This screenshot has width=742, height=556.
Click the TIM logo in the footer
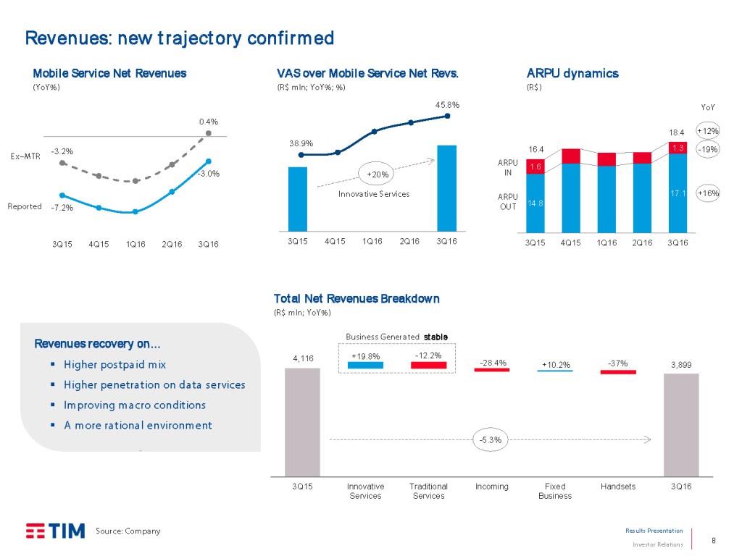pyautogui.click(x=55, y=531)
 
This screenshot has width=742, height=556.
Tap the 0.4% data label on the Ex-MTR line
pyautogui.click(x=209, y=121)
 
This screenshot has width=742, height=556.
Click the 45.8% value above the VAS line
pyautogui.click(x=447, y=105)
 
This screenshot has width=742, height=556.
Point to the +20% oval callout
pyautogui.click(x=378, y=174)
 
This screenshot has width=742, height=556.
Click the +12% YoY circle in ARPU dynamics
pyautogui.click(x=707, y=131)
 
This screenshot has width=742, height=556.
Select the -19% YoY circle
pyautogui.click(x=707, y=148)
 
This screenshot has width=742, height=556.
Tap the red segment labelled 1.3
pyautogui.click(x=678, y=148)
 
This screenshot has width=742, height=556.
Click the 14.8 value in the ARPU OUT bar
pyautogui.click(x=535, y=203)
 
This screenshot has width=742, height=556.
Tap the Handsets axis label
pyautogui.click(x=618, y=486)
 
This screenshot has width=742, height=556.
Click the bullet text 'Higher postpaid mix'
pyautogui.click(x=115, y=364)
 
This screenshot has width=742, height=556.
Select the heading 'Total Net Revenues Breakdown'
pyautogui.click(x=357, y=298)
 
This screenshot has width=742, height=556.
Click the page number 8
pyautogui.click(x=714, y=539)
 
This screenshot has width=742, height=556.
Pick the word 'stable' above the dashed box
pyautogui.click(x=435, y=337)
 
